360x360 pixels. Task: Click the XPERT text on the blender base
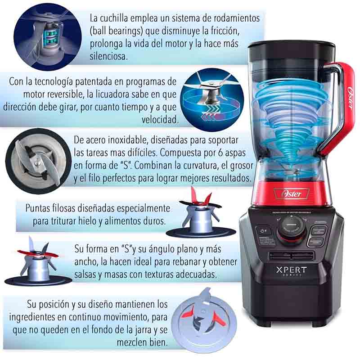tap(291, 270)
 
